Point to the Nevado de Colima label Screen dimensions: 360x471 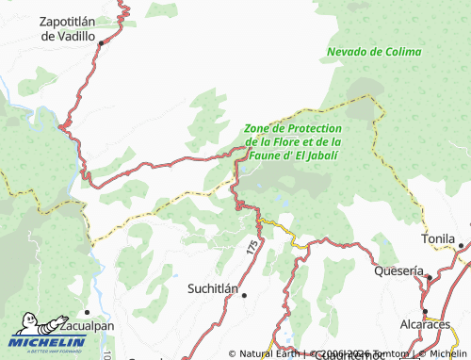(x=374, y=51)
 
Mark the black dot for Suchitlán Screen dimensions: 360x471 (x=244, y=295)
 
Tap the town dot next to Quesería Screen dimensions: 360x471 (x=427, y=277)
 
